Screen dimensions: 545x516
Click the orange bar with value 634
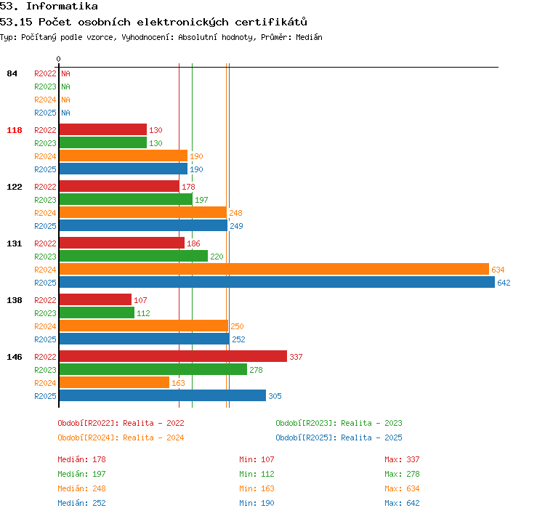coord(274,269)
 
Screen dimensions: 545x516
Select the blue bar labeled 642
coord(277,282)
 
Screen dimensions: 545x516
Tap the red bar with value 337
coord(173,356)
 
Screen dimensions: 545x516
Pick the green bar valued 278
coord(153,369)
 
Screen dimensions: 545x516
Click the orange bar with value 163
coord(114,382)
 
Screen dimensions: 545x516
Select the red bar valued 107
coord(96,299)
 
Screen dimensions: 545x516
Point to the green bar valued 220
coord(134,257)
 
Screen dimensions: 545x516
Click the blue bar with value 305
coord(163,395)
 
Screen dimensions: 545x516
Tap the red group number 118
coord(15,130)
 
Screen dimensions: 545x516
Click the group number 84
coord(12,73)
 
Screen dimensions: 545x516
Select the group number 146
coord(15,357)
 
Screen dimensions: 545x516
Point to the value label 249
coord(236,226)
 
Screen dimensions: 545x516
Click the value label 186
coord(193,243)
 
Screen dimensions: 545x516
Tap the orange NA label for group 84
coord(65,100)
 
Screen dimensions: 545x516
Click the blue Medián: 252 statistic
coord(81,503)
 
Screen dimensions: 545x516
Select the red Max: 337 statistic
coord(402,459)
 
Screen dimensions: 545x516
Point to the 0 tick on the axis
coord(58,59)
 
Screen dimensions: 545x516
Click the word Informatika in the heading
coord(62,6)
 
